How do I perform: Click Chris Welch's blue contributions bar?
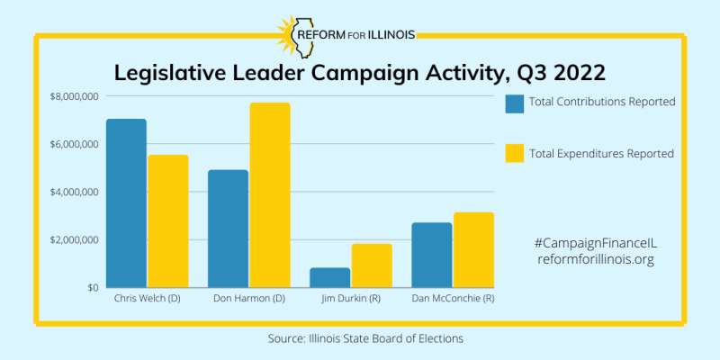(x=126, y=203)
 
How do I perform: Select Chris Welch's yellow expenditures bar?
(x=168, y=221)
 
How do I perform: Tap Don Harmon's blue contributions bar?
(x=228, y=229)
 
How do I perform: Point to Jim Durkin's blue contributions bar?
(x=330, y=277)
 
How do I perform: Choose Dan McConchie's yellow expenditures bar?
(x=473, y=250)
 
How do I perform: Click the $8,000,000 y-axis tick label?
(x=75, y=96)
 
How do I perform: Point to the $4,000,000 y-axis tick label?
(x=75, y=192)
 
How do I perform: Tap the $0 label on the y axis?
(x=93, y=288)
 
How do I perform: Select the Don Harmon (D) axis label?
(x=248, y=298)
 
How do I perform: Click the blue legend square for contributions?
(x=515, y=103)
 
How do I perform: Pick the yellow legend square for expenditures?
(x=515, y=153)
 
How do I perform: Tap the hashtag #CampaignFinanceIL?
(x=597, y=243)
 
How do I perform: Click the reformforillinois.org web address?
(x=597, y=259)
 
